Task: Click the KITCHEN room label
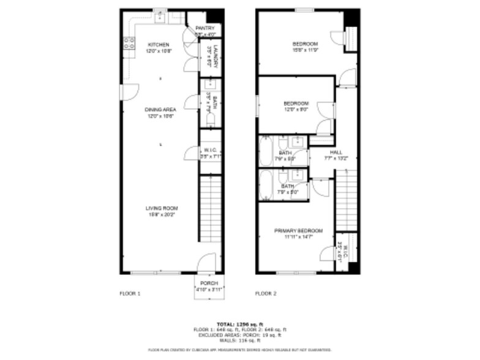158,45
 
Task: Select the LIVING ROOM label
162,208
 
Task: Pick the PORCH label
209,283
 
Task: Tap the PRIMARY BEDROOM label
298,230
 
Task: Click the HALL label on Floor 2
336,152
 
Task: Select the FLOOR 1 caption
130,294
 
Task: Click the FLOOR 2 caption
266,294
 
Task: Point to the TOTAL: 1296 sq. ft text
239,323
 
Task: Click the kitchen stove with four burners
129,43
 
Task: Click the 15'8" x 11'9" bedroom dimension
304,50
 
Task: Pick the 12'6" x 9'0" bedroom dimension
296,110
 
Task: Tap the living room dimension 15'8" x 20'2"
162,214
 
